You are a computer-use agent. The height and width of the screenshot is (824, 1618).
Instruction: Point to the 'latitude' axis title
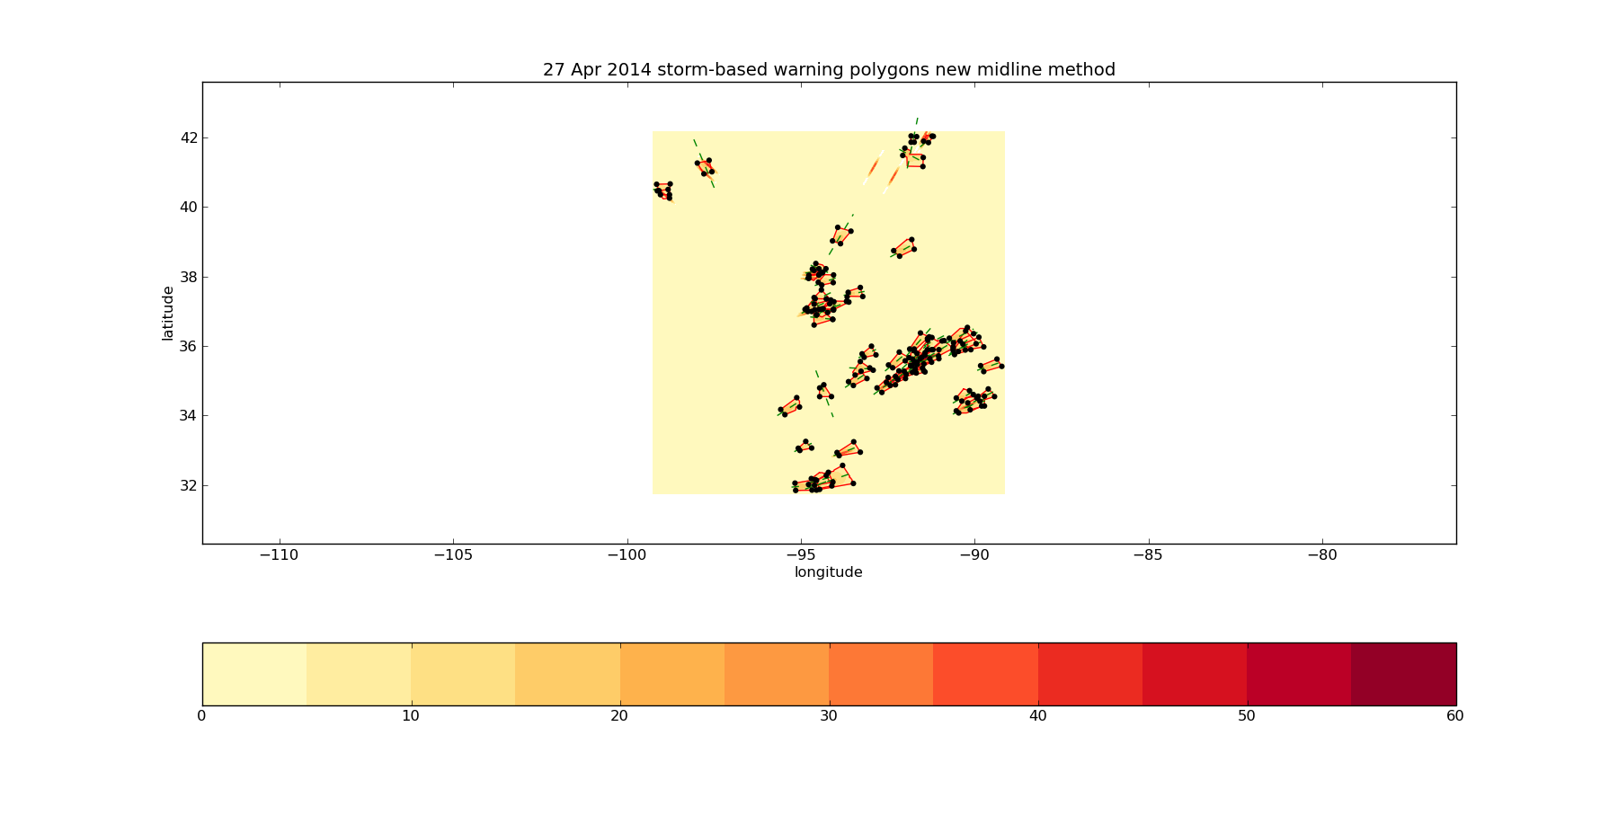coord(168,313)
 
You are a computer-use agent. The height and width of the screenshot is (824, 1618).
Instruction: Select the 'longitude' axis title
coord(828,572)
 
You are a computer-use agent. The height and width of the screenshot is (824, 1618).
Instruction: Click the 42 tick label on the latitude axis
coord(189,138)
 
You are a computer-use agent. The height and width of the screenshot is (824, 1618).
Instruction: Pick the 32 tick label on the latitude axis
coord(189,485)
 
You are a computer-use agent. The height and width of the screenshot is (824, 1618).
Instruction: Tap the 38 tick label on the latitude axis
coord(189,277)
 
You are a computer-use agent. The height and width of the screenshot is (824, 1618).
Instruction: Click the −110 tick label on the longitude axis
coord(279,555)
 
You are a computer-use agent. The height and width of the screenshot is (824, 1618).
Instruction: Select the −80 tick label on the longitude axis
coord(1322,555)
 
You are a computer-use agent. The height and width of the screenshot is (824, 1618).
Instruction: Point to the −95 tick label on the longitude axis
coord(801,555)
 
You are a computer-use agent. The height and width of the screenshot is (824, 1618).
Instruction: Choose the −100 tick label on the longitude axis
coord(627,555)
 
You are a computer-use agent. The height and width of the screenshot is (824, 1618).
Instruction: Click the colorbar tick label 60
coord(1454,716)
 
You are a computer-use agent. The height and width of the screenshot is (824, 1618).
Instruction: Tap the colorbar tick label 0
coord(202,716)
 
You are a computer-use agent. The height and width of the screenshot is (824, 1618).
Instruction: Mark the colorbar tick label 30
coord(828,716)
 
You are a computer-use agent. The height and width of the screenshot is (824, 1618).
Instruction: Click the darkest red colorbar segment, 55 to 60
coord(1403,674)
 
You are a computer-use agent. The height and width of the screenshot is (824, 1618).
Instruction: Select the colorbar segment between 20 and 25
coord(671,674)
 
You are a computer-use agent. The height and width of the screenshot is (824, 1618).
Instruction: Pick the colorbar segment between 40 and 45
coord(1089,674)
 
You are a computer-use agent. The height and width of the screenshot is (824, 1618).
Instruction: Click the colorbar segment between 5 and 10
coord(359,674)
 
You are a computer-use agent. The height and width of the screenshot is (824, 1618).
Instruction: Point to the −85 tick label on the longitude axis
coord(1148,555)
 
